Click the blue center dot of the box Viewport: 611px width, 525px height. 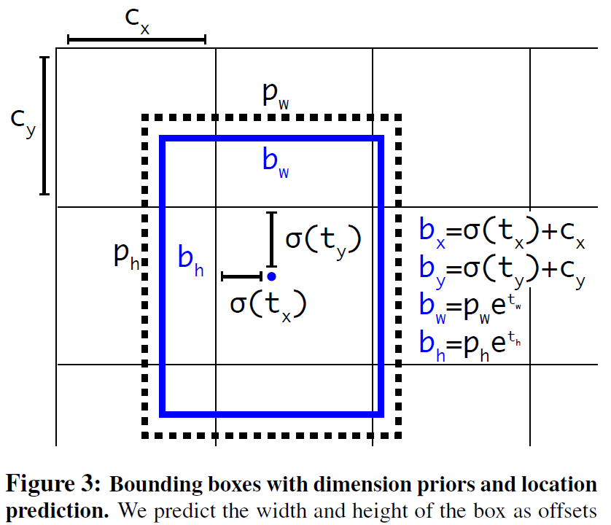[x=271, y=276]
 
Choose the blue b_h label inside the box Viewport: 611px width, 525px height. [x=191, y=260]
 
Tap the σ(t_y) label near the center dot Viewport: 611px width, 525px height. [x=323, y=240]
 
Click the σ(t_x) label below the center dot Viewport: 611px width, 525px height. [x=268, y=303]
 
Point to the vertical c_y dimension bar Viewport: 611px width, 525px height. [x=44, y=125]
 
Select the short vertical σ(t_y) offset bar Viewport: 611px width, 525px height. [x=272, y=240]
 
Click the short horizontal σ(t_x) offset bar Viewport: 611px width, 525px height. [x=241, y=276]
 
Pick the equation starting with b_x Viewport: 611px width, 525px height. [x=502, y=232]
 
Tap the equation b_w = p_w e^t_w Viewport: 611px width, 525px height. [x=471, y=307]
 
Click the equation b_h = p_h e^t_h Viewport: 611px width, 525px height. [x=471, y=343]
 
